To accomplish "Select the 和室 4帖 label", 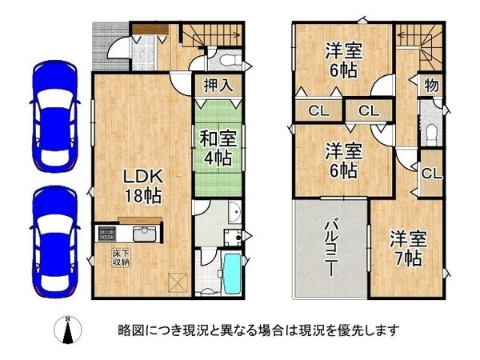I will click(213, 145).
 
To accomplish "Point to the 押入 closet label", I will click(214, 86).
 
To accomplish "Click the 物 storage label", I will click(430, 83).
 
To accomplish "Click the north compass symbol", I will click(68, 329).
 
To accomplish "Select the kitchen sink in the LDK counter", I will click(143, 235).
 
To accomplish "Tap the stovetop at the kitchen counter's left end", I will click(105, 234).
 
